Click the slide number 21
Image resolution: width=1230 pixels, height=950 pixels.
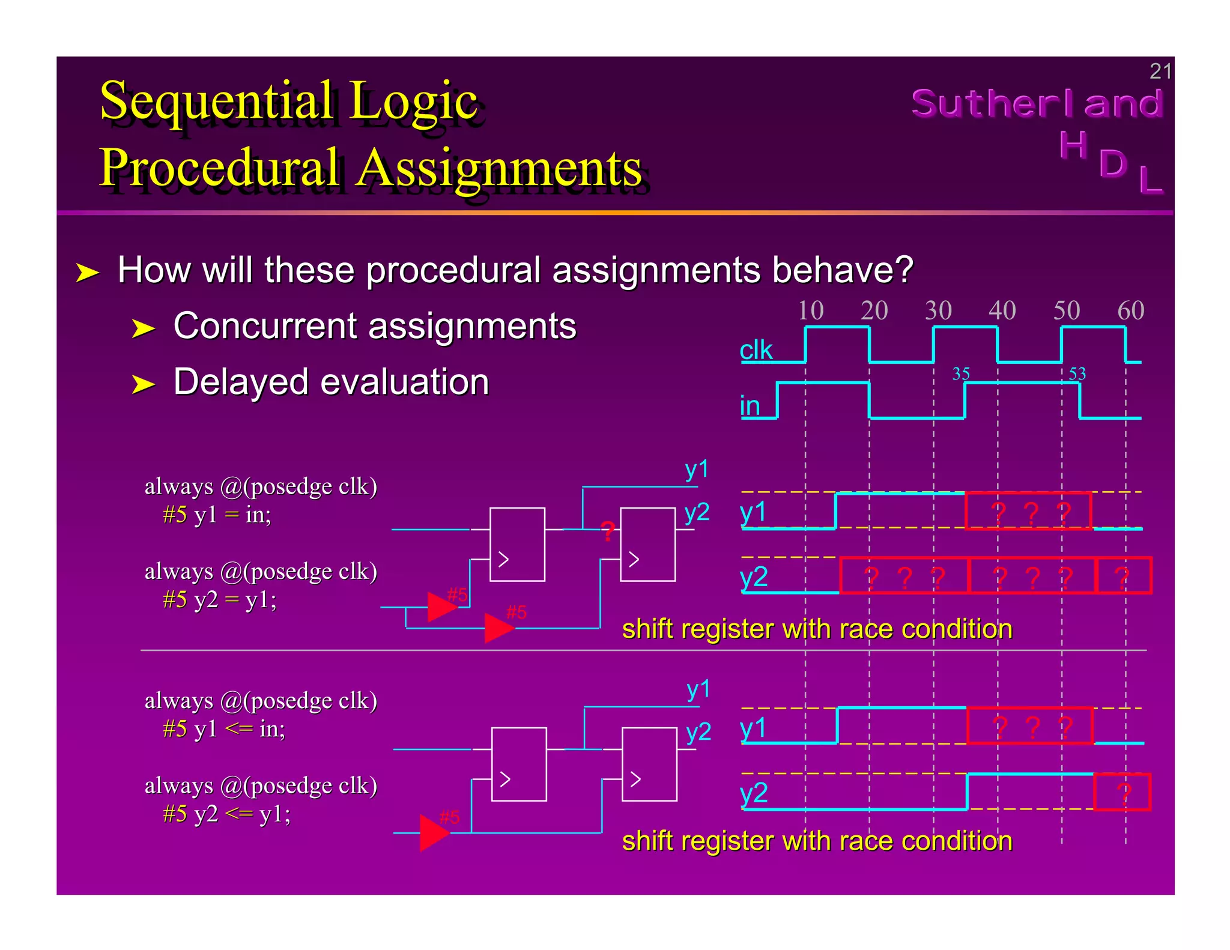click(x=1160, y=71)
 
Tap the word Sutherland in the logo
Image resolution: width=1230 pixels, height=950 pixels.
click(x=1037, y=103)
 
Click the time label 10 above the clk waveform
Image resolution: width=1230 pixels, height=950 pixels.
click(x=810, y=310)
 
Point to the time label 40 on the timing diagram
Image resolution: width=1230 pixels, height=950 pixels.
click(x=1002, y=310)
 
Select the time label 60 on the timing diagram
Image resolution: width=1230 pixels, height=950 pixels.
click(x=1130, y=310)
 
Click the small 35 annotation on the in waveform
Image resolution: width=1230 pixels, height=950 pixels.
click(x=961, y=374)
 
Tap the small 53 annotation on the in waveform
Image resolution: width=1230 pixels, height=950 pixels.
click(x=1077, y=374)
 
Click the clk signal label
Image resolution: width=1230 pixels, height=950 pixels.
click(x=756, y=350)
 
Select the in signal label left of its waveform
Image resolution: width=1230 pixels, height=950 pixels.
click(x=750, y=406)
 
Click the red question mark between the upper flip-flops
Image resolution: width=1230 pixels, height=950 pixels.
click(x=608, y=531)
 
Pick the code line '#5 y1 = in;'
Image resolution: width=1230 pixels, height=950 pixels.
click(x=217, y=515)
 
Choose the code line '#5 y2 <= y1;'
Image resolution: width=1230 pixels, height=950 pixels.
click(x=226, y=814)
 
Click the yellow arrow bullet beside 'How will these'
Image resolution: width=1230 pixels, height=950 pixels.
click(x=87, y=273)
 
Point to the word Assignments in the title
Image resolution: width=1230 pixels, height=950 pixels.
click(x=499, y=168)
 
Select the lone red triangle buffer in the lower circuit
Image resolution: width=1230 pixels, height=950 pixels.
click(x=434, y=833)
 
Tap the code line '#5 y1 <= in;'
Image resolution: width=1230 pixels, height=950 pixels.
click(x=223, y=729)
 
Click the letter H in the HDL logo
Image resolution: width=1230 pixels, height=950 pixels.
click(x=1073, y=145)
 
